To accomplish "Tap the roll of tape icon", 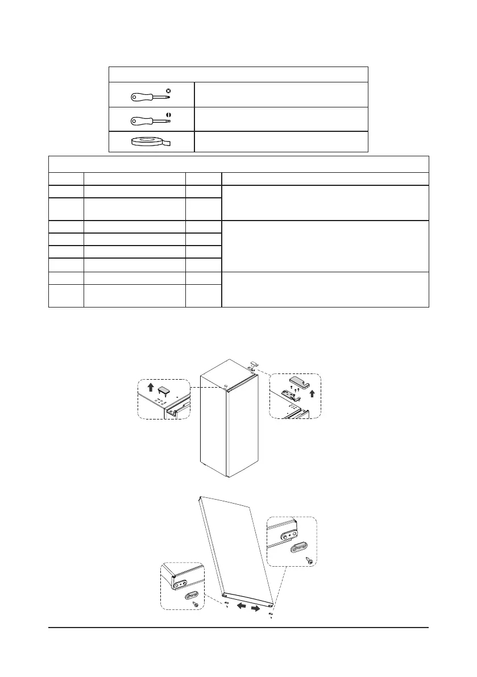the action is [152, 142].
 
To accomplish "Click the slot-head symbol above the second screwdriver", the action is [169, 114].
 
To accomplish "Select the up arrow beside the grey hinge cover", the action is [311, 392].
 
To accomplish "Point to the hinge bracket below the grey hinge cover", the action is [290, 392].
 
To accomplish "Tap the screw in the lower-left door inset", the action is [196, 605].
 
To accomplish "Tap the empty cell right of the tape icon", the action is [281, 142].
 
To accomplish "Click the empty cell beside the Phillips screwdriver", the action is [281, 94].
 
